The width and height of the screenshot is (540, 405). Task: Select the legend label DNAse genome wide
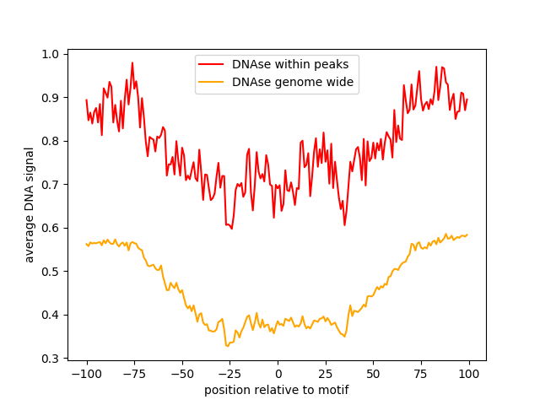[x=293, y=82]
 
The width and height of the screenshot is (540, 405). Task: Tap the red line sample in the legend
[x=212, y=64]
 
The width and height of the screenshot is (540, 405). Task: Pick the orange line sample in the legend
[x=212, y=83]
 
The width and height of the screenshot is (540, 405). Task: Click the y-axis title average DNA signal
[x=30, y=205]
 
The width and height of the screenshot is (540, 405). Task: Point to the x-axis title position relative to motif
[x=277, y=391]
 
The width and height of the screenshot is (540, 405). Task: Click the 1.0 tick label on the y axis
[x=51, y=54]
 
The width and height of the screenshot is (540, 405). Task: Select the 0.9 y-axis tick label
[x=51, y=98]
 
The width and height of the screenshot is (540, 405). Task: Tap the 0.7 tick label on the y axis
[x=51, y=185]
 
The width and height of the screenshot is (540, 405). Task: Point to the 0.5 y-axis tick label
[x=51, y=272]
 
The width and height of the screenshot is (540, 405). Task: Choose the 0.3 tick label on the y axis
[x=51, y=359]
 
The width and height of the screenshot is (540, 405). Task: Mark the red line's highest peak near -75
[x=132, y=62]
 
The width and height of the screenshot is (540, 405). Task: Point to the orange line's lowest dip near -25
[x=227, y=346]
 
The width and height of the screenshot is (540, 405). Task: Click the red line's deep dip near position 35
[x=344, y=224]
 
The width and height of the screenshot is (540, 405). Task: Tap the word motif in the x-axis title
[x=332, y=391]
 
